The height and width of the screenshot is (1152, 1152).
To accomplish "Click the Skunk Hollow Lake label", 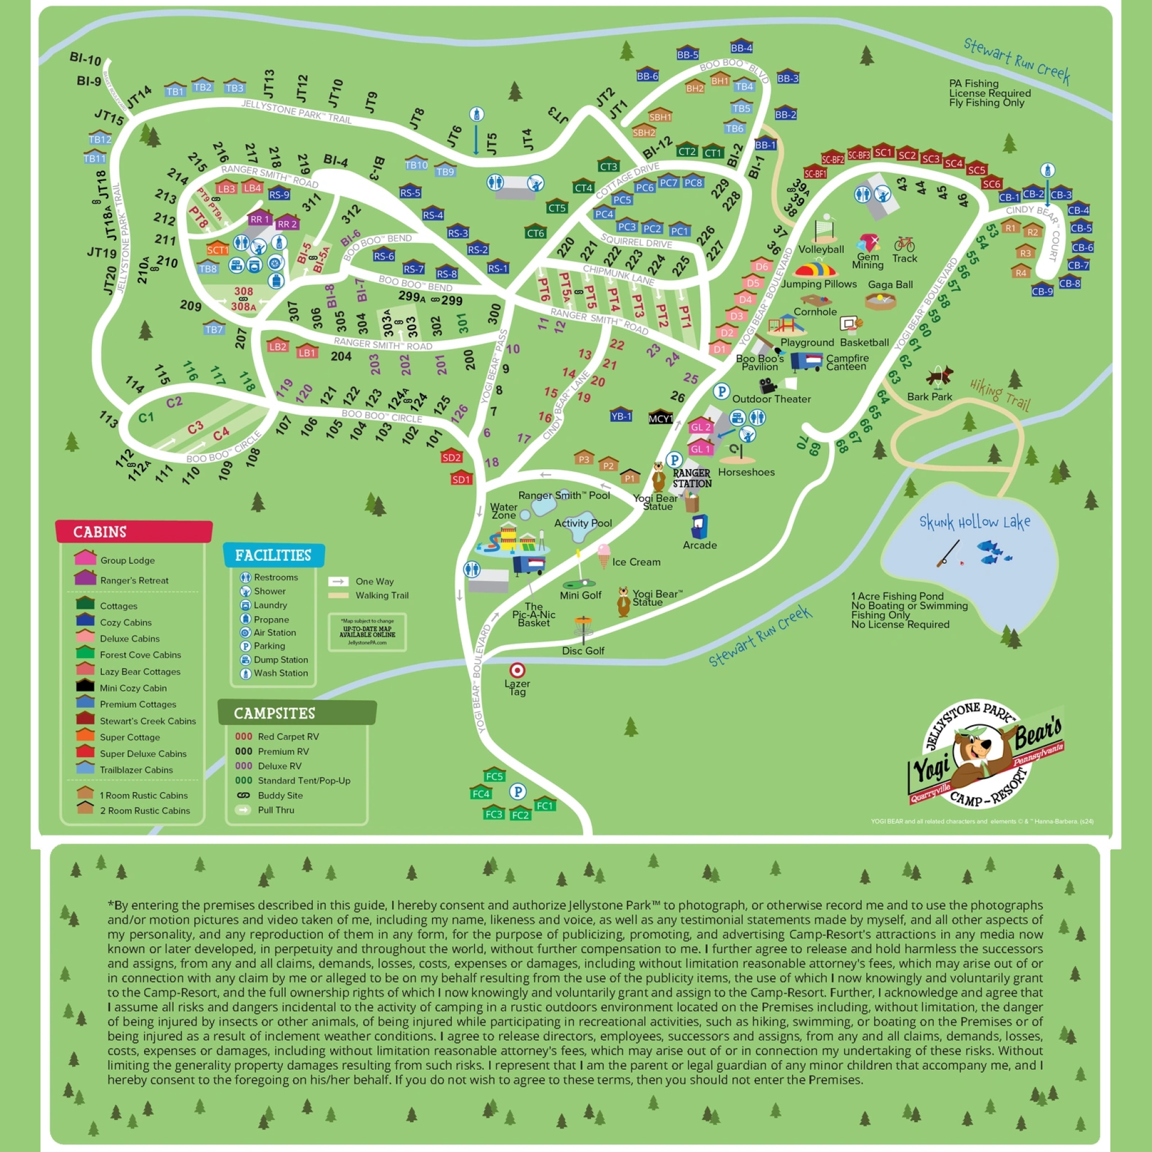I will click(974, 523).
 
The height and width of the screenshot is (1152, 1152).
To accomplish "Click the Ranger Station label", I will click(692, 478).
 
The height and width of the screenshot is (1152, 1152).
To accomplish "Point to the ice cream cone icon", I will click(604, 555).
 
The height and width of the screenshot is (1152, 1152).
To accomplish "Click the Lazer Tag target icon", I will click(517, 669).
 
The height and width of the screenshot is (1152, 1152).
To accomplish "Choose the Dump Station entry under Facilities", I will click(280, 659).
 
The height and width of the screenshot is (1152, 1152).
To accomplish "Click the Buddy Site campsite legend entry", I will click(280, 795).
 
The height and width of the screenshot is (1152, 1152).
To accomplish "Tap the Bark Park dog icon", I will click(940, 376).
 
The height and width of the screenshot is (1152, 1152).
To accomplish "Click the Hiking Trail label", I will click(1000, 394).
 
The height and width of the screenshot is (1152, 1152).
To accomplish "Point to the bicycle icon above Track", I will click(904, 244).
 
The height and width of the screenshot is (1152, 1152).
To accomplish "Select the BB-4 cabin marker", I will click(741, 47).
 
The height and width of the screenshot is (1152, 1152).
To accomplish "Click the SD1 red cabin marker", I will click(461, 478).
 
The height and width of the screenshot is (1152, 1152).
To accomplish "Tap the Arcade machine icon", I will click(699, 526).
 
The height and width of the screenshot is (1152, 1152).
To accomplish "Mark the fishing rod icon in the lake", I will click(948, 553).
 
